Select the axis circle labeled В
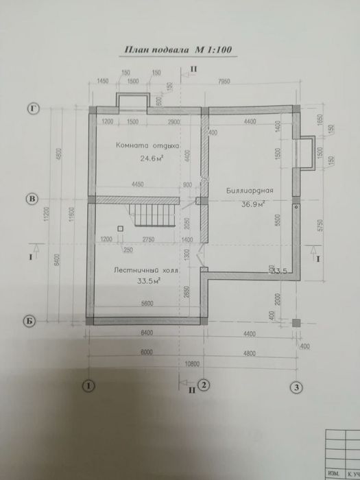click(31, 199)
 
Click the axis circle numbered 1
click(88, 386)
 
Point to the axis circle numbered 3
click(296, 387)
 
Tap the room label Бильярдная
click(250, 191)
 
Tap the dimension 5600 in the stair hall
click(145, 304)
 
